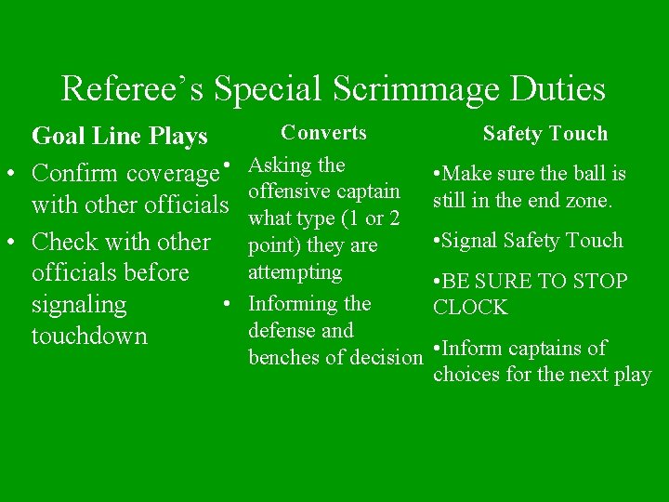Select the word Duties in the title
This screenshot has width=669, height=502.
click(557, 89)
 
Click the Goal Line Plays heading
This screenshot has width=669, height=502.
click(119, 136)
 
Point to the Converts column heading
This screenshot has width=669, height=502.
click(323, 133)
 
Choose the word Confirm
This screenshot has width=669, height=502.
click(74, 174)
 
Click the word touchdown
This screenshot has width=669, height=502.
click(89, 336)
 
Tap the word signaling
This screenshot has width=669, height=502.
click(79, 304)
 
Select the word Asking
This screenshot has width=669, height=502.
click(282, 166)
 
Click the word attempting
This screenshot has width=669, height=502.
click(295, 272)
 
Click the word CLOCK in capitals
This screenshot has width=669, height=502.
click(469, 308)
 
